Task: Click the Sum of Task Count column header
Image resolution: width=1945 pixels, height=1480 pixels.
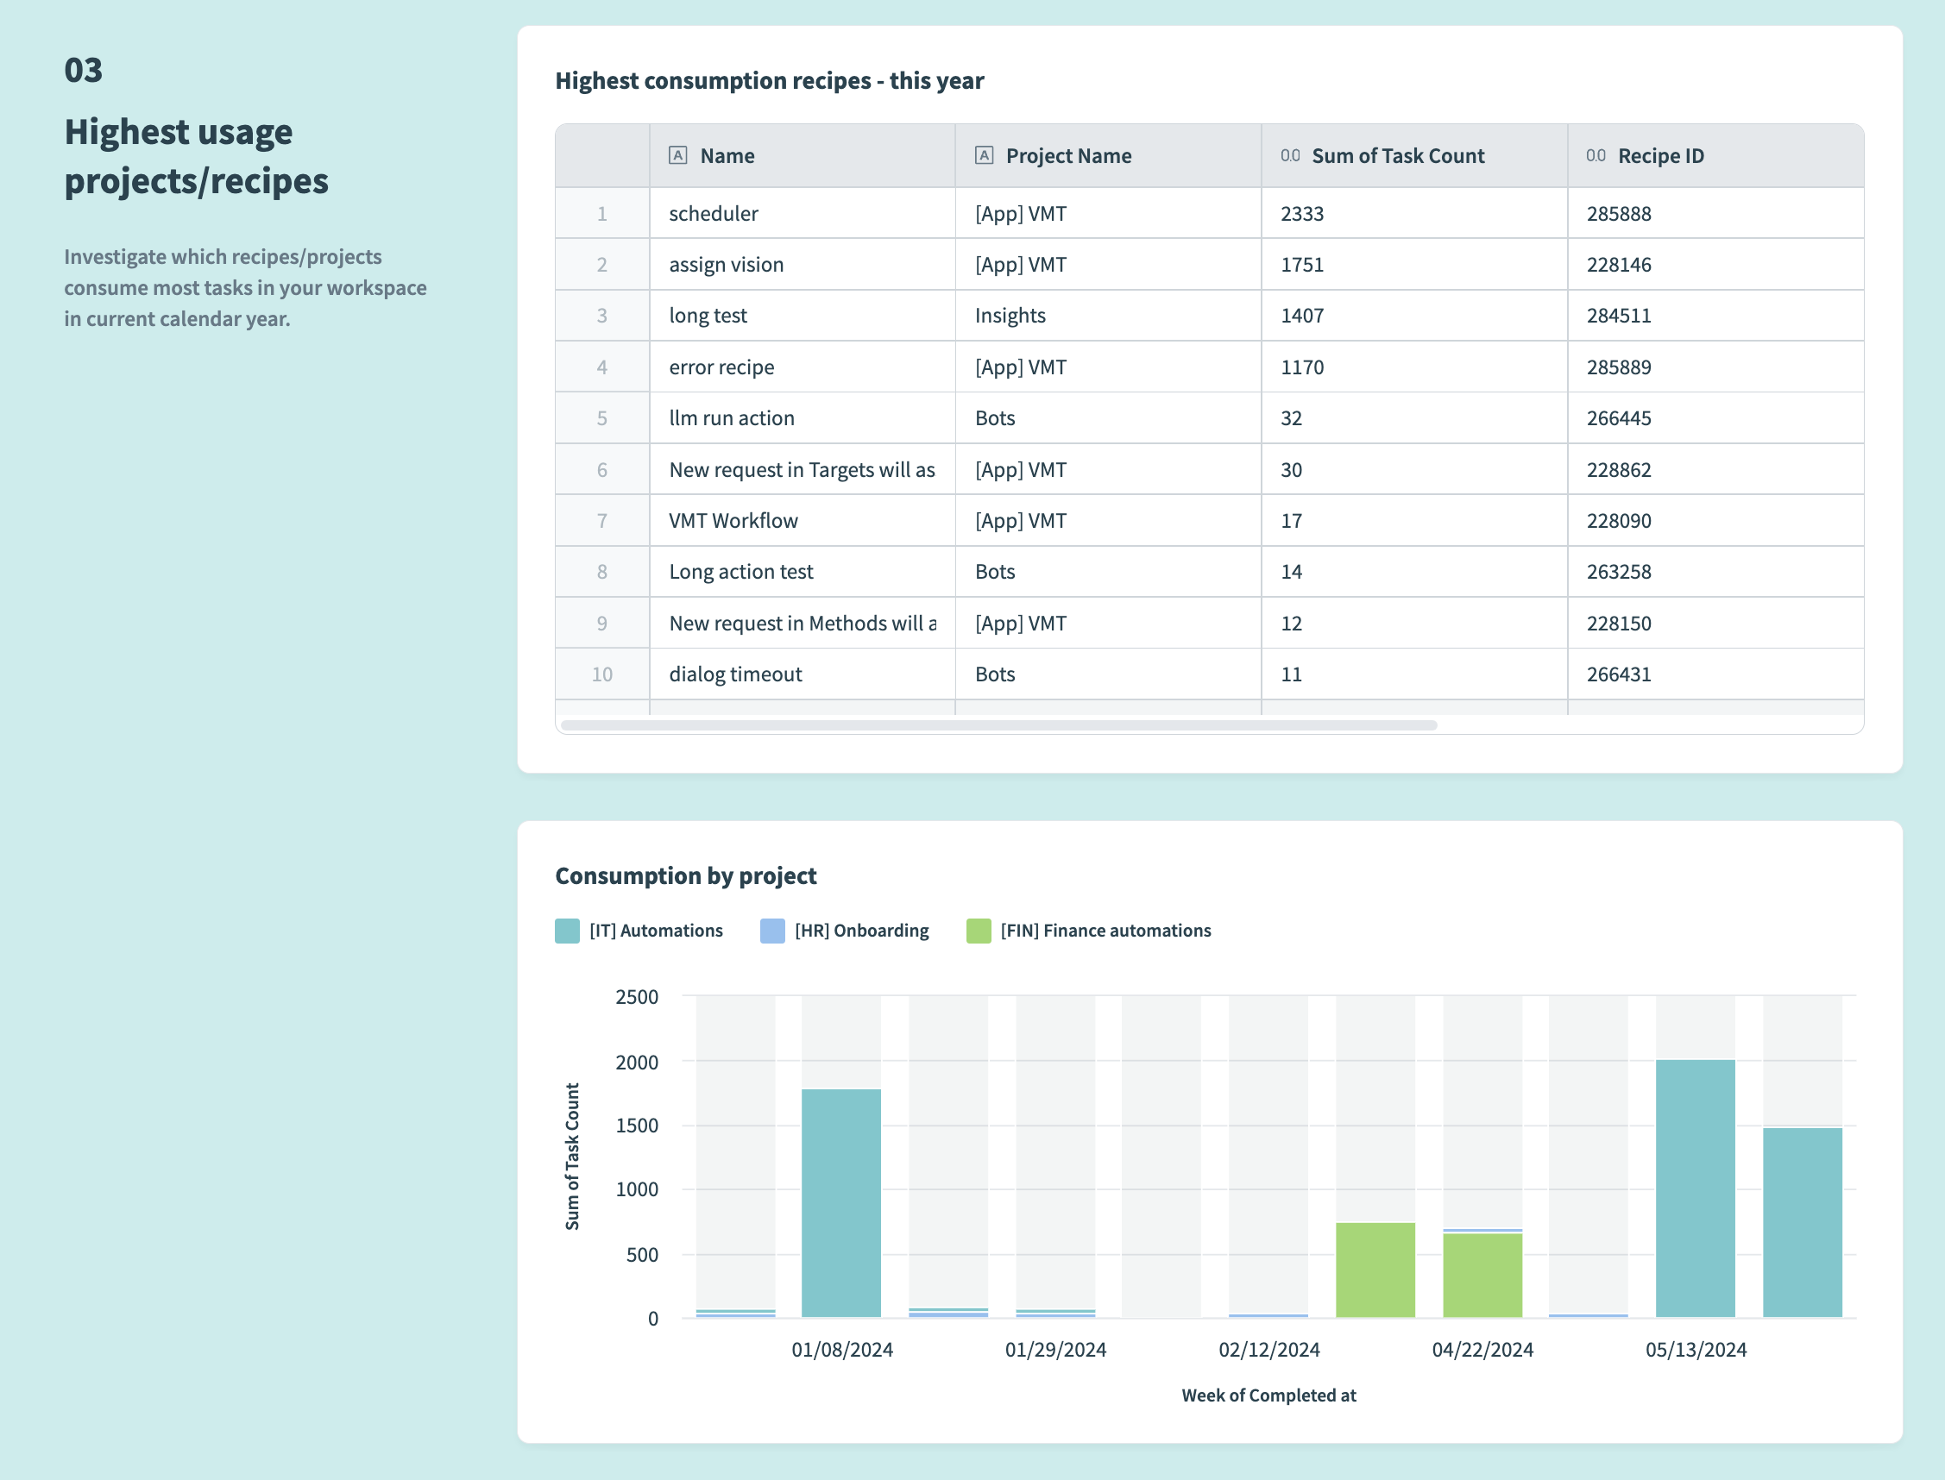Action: pos(1397,156)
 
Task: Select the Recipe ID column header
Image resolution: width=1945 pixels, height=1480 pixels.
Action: pos(1660,156)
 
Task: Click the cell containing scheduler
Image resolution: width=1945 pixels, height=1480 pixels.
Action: pos(713,213)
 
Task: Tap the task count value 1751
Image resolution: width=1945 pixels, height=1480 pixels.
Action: pos(1301,264)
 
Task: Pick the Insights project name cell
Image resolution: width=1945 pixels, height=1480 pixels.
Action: pos(1010,316)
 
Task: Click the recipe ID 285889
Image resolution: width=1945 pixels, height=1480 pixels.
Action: pos(1618,367)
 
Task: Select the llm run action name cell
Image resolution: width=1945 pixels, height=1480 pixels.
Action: pos(732,417)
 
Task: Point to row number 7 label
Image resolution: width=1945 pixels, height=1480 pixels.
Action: pos(602,521)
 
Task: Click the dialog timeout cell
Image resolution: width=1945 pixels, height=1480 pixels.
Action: pos(735,674)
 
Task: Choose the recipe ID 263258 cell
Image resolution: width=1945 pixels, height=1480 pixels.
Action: pos(1618,572)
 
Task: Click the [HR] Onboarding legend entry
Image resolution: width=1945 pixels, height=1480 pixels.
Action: pos(860,931)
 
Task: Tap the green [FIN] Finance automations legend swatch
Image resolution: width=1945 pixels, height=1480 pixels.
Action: pos(979,931)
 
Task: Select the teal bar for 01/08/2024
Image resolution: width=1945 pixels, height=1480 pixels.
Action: pos(840,1202)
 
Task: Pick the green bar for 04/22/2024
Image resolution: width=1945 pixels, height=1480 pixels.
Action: pos(1482,1275)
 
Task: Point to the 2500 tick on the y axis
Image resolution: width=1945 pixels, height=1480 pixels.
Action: pos(636,996)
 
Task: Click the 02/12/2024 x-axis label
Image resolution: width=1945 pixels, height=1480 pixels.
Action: pos(1268,1350)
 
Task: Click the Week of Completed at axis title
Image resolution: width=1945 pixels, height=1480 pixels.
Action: pos(1268,1395)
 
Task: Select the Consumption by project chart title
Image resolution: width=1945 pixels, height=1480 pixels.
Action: pos(686,875)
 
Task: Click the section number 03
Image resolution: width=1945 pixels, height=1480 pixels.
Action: pos(84,71)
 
